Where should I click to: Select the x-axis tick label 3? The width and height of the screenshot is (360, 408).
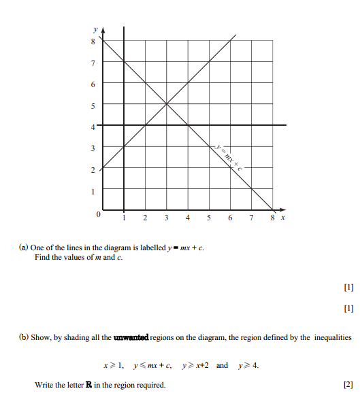(166, 218)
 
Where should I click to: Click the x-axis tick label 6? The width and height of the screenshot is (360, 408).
(230, 218)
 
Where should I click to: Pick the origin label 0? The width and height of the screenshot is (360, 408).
(98, 215)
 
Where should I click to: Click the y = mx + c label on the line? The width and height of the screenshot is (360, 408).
(227, 156)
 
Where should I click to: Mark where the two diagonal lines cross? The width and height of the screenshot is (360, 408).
(166, 104)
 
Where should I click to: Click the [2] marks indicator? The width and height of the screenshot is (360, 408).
(348, 385)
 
